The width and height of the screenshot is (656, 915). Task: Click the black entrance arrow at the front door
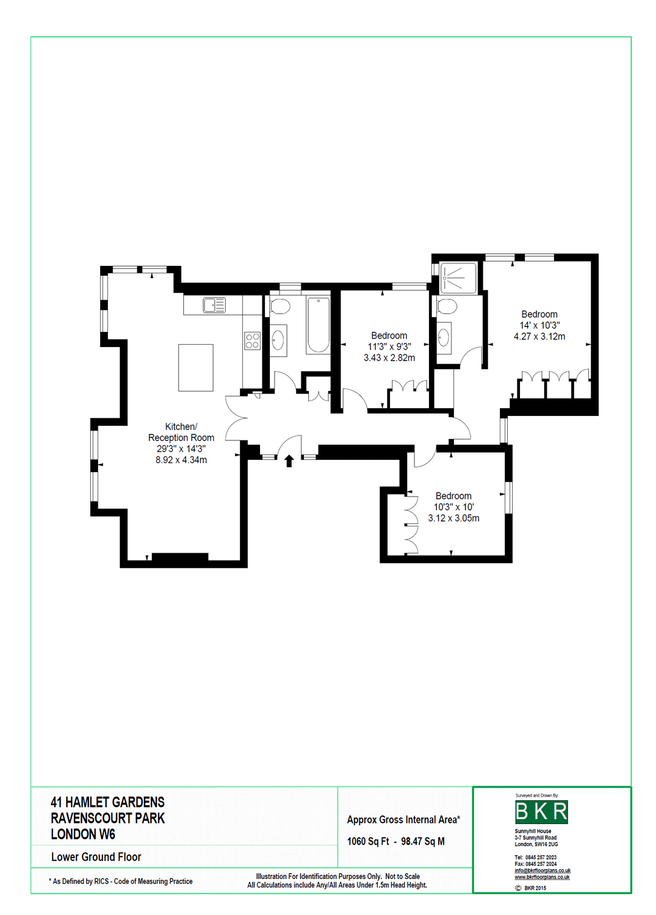[x=289, y=461]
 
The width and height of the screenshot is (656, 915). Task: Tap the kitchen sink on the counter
[x=214, y=305]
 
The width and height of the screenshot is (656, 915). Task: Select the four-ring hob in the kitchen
[x=253, y=341]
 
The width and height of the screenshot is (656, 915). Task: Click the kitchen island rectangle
[x=196, y=367]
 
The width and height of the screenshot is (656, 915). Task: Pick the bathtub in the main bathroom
[x=319, y=325]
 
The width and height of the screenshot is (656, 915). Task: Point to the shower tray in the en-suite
[x=458, y=278]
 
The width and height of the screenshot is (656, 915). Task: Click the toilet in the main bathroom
[x=279, y=306]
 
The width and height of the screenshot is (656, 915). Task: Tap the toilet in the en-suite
[x=447, y=306]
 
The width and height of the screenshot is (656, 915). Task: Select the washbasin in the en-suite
[x=444, y=337]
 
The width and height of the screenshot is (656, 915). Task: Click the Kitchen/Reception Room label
[x=181, y=432]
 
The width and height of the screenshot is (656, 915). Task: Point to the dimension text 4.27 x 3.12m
[x=539, y=337]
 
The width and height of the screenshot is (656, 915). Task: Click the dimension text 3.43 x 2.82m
[x=389, y=358]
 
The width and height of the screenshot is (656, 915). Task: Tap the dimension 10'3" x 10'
[x=453, y=507]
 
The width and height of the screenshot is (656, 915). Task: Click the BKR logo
[x=541, y=812]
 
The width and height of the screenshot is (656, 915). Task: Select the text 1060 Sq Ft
[x=368, y=841]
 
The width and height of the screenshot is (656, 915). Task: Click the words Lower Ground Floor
[x=96, y=857]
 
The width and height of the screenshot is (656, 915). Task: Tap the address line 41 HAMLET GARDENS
[x=107, y=802]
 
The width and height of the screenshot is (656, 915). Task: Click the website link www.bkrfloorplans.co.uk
[x=542, y=877]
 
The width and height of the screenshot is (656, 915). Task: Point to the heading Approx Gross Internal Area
[x=403, y=820]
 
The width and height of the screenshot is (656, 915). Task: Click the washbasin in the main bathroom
[x=278, y=340]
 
